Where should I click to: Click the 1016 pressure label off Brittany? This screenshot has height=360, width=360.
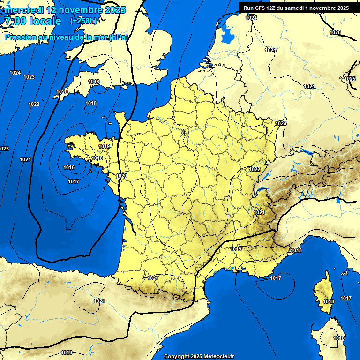coord(69,167)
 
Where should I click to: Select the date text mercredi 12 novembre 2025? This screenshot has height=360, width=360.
coord(65,10)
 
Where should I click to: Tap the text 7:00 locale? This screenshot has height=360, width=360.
coord(32,21)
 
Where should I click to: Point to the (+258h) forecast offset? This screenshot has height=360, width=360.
coord(83,21)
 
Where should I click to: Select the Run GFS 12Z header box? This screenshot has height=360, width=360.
coord(296,8)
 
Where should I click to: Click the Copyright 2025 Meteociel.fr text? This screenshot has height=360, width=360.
coord(199,356)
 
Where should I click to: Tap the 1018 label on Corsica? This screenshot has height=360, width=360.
coord(329,301)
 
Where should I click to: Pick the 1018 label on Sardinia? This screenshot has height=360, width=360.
coord(339,338)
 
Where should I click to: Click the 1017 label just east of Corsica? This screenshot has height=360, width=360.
coord(346,299)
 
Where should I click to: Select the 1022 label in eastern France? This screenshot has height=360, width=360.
coord(255,169)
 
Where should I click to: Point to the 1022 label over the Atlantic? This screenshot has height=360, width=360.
coord(34,104)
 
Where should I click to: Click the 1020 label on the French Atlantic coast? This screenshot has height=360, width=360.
coord(121,176)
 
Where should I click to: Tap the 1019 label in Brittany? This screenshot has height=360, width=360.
coord(104,146)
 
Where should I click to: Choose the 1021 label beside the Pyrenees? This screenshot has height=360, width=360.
coord(153,278)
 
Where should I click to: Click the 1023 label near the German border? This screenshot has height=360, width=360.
coord(281,123)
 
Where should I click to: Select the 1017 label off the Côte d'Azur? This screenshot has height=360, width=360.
coord(276,278)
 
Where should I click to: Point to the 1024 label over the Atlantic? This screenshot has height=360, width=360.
coord(15,73)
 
